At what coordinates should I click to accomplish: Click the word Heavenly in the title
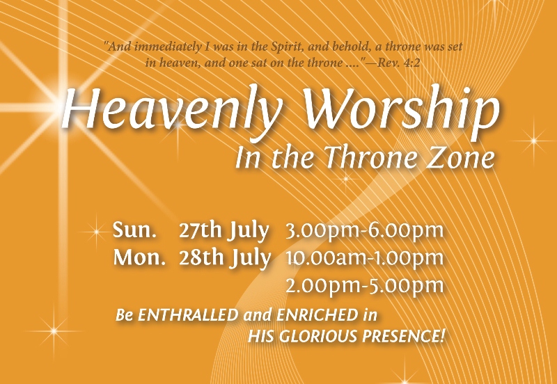click(171, 109)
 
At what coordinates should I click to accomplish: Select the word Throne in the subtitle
click(370, 157)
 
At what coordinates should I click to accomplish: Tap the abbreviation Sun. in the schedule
click(134, 230)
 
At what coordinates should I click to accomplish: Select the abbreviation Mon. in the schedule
click(139, 257)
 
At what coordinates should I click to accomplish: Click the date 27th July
click(223, 231)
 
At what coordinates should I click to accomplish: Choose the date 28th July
click(225, 258)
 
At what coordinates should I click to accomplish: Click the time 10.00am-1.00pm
click(365, 258)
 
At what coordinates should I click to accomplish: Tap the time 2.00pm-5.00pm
click(365, 286)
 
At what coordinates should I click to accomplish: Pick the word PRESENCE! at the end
click(403, 336)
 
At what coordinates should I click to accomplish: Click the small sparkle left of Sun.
click(96, 232)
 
